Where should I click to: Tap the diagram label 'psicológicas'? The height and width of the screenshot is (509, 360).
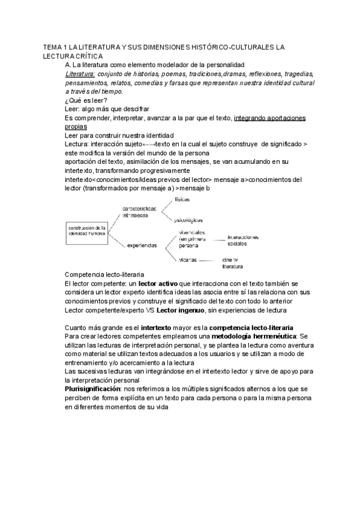click(188, 219)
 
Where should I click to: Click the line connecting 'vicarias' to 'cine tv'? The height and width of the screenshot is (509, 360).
click(206, 260)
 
